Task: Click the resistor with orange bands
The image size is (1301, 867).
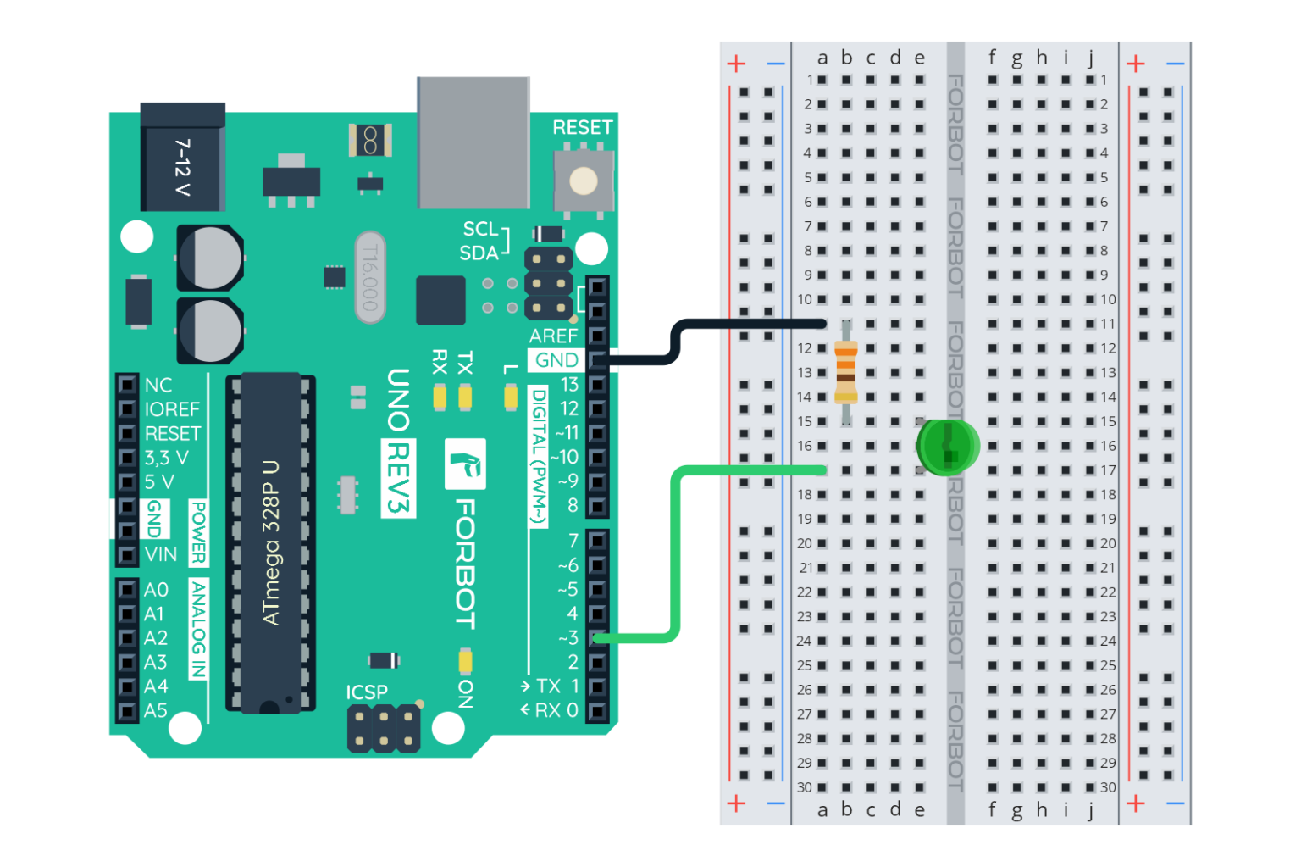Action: (845, 371)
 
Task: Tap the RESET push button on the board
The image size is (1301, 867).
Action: (583, 181)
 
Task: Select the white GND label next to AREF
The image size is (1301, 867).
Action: (556, 360)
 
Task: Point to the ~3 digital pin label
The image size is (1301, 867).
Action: (568, 637)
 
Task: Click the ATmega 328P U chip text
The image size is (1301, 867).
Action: (271, 542)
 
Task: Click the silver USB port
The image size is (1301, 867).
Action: (473, 142)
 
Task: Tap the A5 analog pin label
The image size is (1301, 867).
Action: (155, 710)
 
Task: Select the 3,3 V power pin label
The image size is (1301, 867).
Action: (166, 458)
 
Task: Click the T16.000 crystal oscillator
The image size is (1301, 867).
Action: (369, 277)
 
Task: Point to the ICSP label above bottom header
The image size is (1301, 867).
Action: (366, 692)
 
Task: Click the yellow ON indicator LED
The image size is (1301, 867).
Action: (465, 660)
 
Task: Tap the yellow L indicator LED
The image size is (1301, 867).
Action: (511, 397)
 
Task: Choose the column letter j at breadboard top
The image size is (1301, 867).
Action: (1091, 58)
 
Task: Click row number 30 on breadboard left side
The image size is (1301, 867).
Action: (804, 787)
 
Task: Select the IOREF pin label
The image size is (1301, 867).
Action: (172, 409)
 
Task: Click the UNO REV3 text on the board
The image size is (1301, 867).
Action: (397, 441)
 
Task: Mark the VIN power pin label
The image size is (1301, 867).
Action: (161, 554)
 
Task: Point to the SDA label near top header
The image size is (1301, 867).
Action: (479, 253)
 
